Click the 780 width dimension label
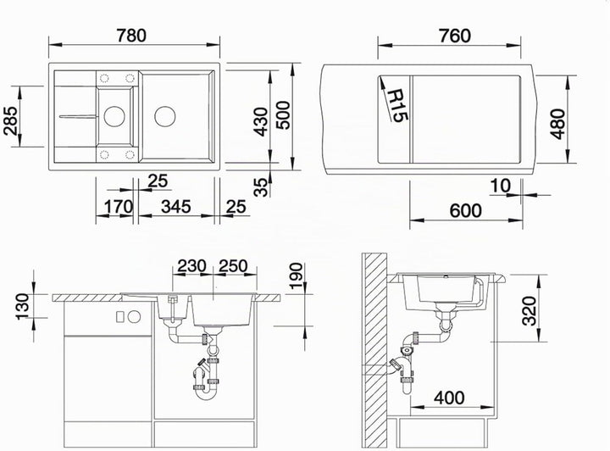131,35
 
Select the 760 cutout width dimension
454,36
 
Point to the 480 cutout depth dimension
557,124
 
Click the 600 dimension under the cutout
465,210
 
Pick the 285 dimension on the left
10,120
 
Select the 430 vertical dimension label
261,122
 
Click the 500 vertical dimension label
283,114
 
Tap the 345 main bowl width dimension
176,207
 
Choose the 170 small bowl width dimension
118,207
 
